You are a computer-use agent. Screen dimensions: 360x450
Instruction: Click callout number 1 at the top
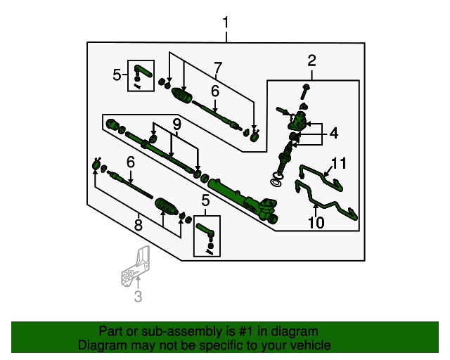point(226,23)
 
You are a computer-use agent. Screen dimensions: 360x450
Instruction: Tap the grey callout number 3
point(138,297)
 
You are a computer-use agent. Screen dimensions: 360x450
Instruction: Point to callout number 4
point(333,132)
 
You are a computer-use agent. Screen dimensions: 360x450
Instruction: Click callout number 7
point(217,68)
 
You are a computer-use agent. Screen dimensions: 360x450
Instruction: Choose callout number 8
point(138,225)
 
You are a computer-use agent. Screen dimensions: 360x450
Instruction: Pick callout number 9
point(176,124)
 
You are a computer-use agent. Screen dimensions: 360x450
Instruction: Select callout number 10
point(316,223)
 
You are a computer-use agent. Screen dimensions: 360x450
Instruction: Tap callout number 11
point(340,164)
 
